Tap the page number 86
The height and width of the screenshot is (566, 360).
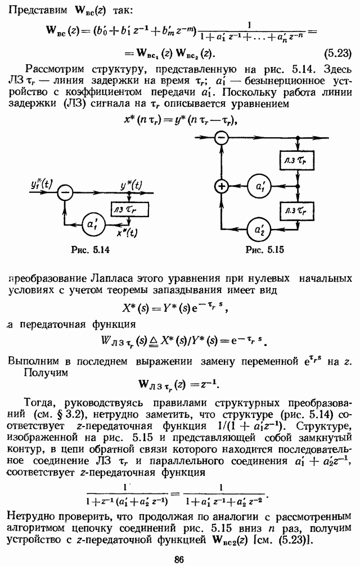coord(179,559)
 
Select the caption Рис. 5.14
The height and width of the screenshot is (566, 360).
coord(90,249)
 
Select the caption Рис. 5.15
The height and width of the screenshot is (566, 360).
coord(264,249)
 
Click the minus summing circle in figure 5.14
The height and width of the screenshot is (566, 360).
coord(65,193)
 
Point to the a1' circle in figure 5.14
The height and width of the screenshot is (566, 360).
coord(93,225)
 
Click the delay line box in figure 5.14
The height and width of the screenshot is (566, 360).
coord(129,209)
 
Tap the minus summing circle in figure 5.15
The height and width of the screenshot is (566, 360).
coord(222,137)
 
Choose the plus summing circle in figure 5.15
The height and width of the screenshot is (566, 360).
coord(222,186)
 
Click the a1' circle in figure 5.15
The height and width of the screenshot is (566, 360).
coord(260,186)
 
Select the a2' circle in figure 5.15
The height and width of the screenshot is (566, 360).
coord(260,229)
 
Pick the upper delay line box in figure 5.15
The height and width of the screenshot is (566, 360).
coord(297,160)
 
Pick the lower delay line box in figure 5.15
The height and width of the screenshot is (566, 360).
coord(297,210)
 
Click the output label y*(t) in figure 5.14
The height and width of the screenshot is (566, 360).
coord(131,186)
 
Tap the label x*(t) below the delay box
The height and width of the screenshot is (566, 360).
coord(127,233)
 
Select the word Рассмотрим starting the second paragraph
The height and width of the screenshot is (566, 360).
coord(55,69)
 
